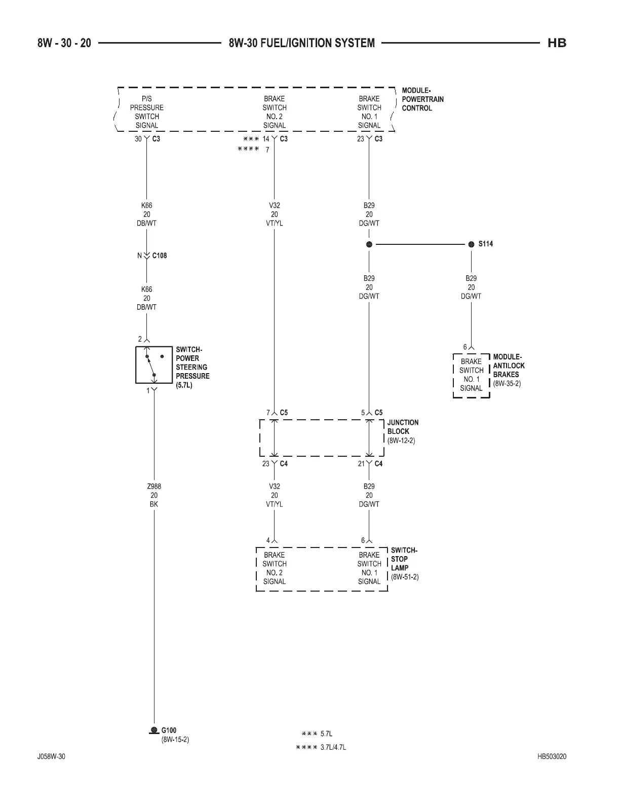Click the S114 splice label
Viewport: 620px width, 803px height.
click(485, 244)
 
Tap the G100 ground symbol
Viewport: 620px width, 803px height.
click(153, 730)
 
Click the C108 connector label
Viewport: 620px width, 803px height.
click(159, 255)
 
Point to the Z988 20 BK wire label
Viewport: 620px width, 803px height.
click(154, 495)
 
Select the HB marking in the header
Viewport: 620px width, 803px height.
click(557, 43)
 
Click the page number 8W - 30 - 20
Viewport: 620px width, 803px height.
click(64, 43)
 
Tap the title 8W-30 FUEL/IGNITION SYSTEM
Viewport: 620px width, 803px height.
click(301, 43)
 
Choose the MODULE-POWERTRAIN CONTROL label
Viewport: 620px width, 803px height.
click(422, 99)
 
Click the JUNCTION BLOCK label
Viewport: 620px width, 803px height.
click(403, 431)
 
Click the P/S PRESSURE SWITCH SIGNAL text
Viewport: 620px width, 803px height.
click(147, 112)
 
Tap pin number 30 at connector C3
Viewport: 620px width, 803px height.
click(138, 139)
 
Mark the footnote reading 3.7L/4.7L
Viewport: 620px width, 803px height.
click(333, 748)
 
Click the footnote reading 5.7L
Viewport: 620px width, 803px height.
click(326, 734)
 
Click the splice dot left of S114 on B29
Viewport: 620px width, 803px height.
click(369, 244)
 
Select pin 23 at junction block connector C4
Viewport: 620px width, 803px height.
click(266, 464)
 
